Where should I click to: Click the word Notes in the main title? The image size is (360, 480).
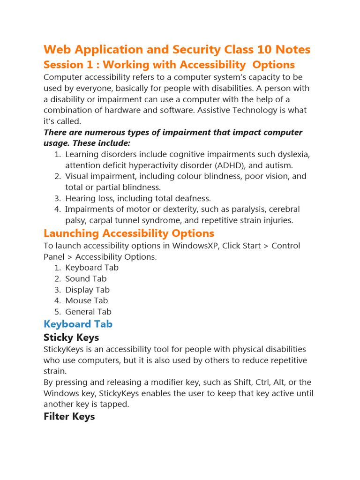[291, 50]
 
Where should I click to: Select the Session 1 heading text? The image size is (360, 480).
[169, 65]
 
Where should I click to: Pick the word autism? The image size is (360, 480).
[279, 165]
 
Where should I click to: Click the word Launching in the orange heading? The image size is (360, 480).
[71, 233]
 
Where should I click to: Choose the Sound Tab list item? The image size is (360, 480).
[86, 279]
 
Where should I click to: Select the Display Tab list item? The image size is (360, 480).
[87, 290]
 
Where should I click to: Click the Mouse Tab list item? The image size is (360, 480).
[86, 300]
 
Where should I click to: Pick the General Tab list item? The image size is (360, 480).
[88, 312]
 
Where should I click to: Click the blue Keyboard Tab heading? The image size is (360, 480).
[78, 324]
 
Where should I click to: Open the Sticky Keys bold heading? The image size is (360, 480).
[71, 337]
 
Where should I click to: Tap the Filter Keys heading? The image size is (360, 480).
[69, 416]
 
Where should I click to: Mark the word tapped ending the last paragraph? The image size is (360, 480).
[115, 404]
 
